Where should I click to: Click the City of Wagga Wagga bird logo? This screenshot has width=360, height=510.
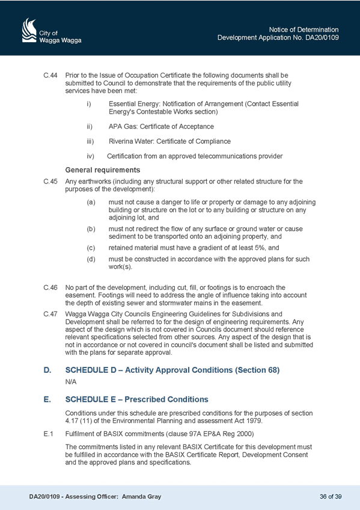pyautogui.click(x=29, y=30)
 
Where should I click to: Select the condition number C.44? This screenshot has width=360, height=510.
pyautogui.click(x=50, y=75)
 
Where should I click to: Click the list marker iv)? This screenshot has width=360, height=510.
pyautogui.click(x=90, y=156)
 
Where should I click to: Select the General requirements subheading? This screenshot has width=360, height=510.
pyautogui.click(x=103, y=170)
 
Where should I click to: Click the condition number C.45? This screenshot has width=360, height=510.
pyautogui.click(x=50, y=182)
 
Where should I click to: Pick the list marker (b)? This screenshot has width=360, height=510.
pyautogui.click(x=91, y=229)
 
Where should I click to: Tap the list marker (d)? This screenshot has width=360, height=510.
pyautogui.click(x=91, y=259)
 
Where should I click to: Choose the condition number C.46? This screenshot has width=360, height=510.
pyautogui.click(x=50, y=287)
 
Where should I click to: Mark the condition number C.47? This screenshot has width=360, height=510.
pyautogui.click(x=50, y=314)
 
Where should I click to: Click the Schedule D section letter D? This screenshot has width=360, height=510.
pyautogui.click(x=47, y=370)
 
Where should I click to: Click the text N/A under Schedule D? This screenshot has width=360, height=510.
pyautogui.click(x=71, y=382)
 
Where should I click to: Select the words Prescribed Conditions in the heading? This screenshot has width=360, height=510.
pyautogui.click(x=166, y=399)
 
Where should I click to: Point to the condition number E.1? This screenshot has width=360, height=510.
pyautogui.click(x=49, y=434)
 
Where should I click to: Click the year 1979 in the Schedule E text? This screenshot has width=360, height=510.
pyautogui.click(x=254, y=421)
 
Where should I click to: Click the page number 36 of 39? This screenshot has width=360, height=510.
pyautogui.click(x=331, y=497)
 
